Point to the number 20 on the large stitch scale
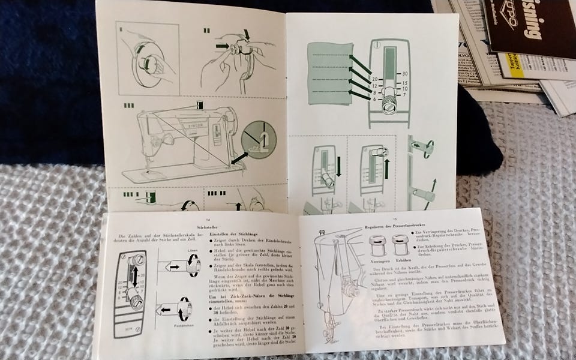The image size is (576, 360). coord(374,79)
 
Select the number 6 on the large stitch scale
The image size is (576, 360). coord(374,99)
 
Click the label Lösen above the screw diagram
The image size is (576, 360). coord(193,250)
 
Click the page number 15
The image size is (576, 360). coord(395,219)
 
